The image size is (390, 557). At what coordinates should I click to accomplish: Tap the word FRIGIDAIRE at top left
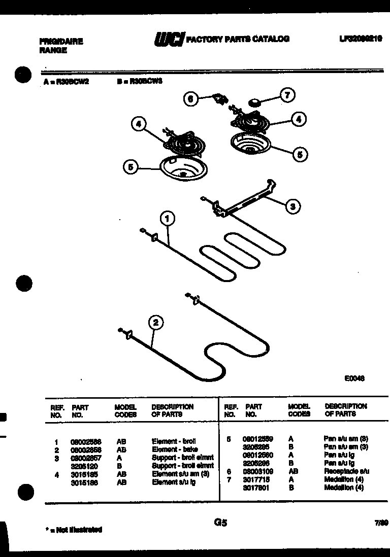(x=61, y=42)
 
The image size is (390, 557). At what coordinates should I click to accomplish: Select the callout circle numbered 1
(x=168, y=219)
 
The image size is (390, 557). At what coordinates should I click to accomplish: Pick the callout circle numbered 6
(x=191, y=99)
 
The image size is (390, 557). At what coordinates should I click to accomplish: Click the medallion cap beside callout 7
(x=254, y=103)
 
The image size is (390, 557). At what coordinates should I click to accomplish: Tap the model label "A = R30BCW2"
(x=66, y=80)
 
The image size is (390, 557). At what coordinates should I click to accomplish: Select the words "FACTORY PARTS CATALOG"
(x=238, y=39)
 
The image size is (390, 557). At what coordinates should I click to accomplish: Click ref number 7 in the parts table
(x=229, y=479)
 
